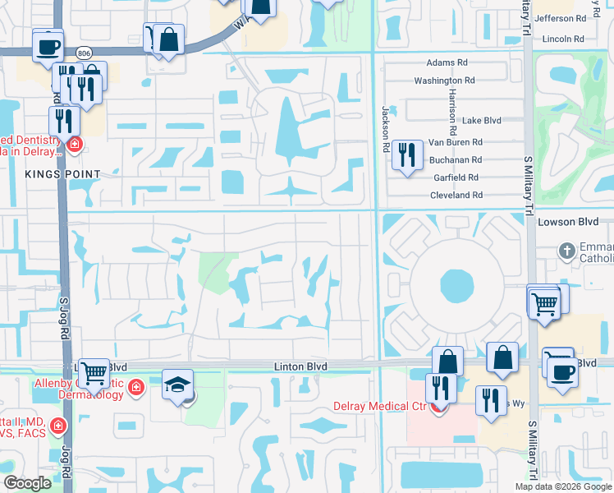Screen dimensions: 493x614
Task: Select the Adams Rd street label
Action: coord(447,62)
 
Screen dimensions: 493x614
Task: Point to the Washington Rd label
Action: coord(445,81)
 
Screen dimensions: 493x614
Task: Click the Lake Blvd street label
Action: coord(482,120)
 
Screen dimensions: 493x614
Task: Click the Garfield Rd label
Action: coord(456,177)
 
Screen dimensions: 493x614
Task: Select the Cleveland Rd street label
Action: coord(456,195)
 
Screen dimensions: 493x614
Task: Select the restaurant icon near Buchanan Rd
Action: coord(407,154)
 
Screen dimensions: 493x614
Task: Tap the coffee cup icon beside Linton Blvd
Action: coord(562,371)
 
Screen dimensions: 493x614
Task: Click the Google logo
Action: coord(28,483)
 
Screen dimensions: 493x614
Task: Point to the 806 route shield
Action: coord(83,53)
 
